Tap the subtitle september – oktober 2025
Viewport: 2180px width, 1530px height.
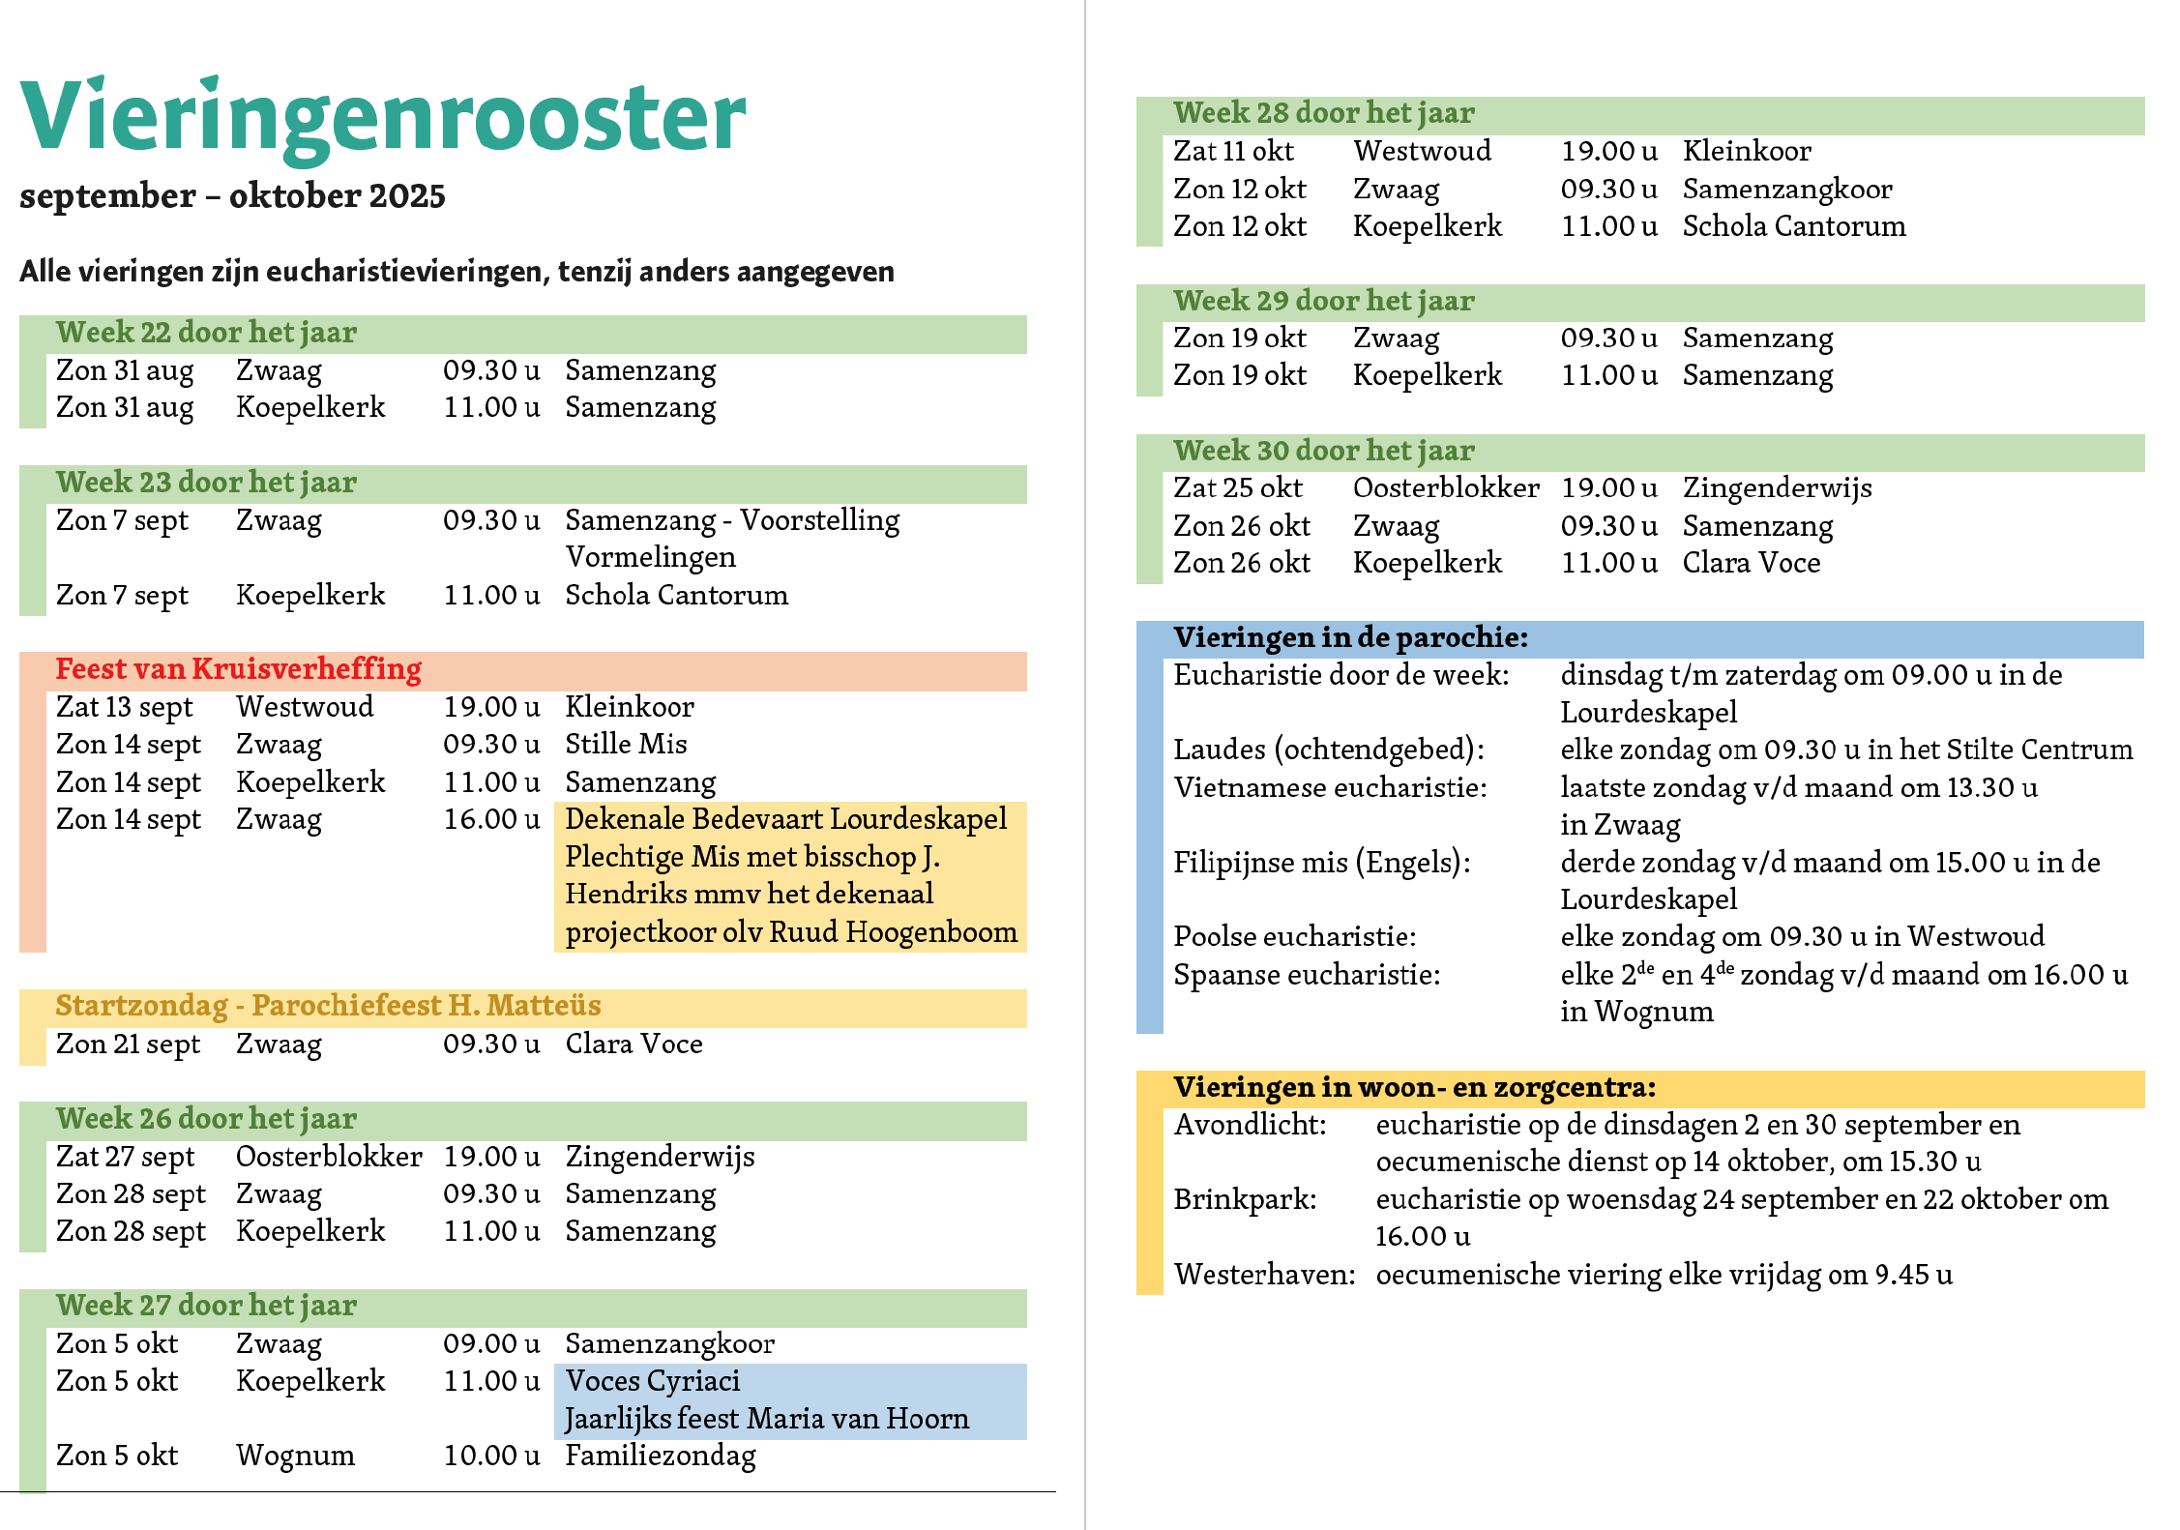[x=232, y=196]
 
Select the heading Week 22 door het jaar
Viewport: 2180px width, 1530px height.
[x=206, y=333]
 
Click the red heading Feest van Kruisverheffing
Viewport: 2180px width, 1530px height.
[x=239, y=669]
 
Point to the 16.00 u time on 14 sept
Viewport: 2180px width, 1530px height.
[x=491, y=819]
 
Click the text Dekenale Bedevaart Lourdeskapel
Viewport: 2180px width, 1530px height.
[x=786, y=819]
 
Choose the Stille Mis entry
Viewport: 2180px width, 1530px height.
[x=626, y=744]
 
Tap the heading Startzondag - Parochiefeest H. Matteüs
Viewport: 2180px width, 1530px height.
[x=328, y=1006]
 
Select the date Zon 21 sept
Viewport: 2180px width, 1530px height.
[x=129, y=1045]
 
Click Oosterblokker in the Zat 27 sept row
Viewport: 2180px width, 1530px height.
[x=329, y=1157]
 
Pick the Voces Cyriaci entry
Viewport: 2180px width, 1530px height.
[x=653, y=1381]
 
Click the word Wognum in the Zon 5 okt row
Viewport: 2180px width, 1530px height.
[x=296, y=1456]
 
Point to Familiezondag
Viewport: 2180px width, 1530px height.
[x=661, y=1456]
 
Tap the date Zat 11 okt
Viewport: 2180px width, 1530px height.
[x=1233, y=151]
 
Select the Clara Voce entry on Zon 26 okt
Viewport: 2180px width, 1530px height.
[x=1752, y=563]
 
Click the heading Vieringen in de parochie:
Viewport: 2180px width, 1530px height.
[x=1351, y=637]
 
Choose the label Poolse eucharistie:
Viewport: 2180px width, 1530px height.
[x=1295, y=937]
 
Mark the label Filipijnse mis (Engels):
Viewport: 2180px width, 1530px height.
[x=1322, y=863]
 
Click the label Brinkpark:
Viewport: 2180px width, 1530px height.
[x=1246, y=1200]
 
